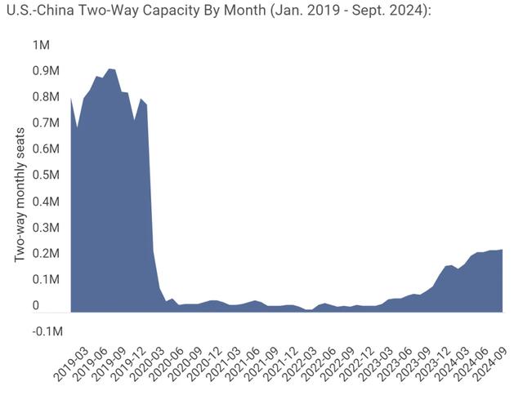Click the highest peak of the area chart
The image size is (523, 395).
click(111, 69)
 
